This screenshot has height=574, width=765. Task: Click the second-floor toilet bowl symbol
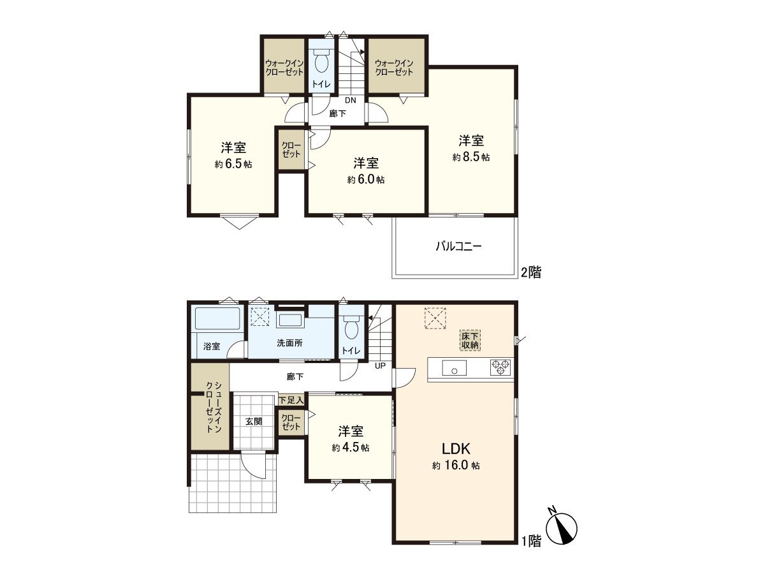click(321, 61)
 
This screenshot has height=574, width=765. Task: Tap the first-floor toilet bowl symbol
click(351, 327)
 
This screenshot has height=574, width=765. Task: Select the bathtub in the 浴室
click(217, 318)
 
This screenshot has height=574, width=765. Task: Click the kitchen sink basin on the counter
click(454, 368)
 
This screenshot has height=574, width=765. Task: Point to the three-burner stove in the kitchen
click(500, 367)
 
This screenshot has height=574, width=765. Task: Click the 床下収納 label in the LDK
click(470, 341)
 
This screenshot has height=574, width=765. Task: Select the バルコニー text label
click(458, 247)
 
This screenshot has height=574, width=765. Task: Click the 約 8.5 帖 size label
click(471, 157)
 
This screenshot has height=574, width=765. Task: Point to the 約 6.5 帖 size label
click(233, 164)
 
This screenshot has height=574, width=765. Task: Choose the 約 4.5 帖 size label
click(350, 448)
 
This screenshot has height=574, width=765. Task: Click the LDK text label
click(456, 449)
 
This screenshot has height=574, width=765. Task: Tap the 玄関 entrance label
click(253, 422)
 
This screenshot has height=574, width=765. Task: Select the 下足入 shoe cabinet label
click(291, 401)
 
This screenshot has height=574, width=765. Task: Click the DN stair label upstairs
click(350, 100)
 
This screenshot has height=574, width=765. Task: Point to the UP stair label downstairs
click(380, 366)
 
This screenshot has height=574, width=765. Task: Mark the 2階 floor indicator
click(531, 272)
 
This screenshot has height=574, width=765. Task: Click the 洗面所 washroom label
click(289, 343)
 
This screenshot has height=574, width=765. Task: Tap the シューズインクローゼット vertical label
click(214, 407)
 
